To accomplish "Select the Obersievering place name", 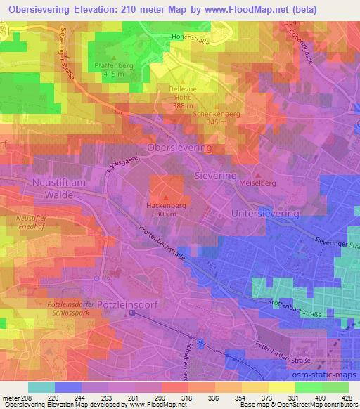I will coord(179,148).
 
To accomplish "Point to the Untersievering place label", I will coord(266,212).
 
